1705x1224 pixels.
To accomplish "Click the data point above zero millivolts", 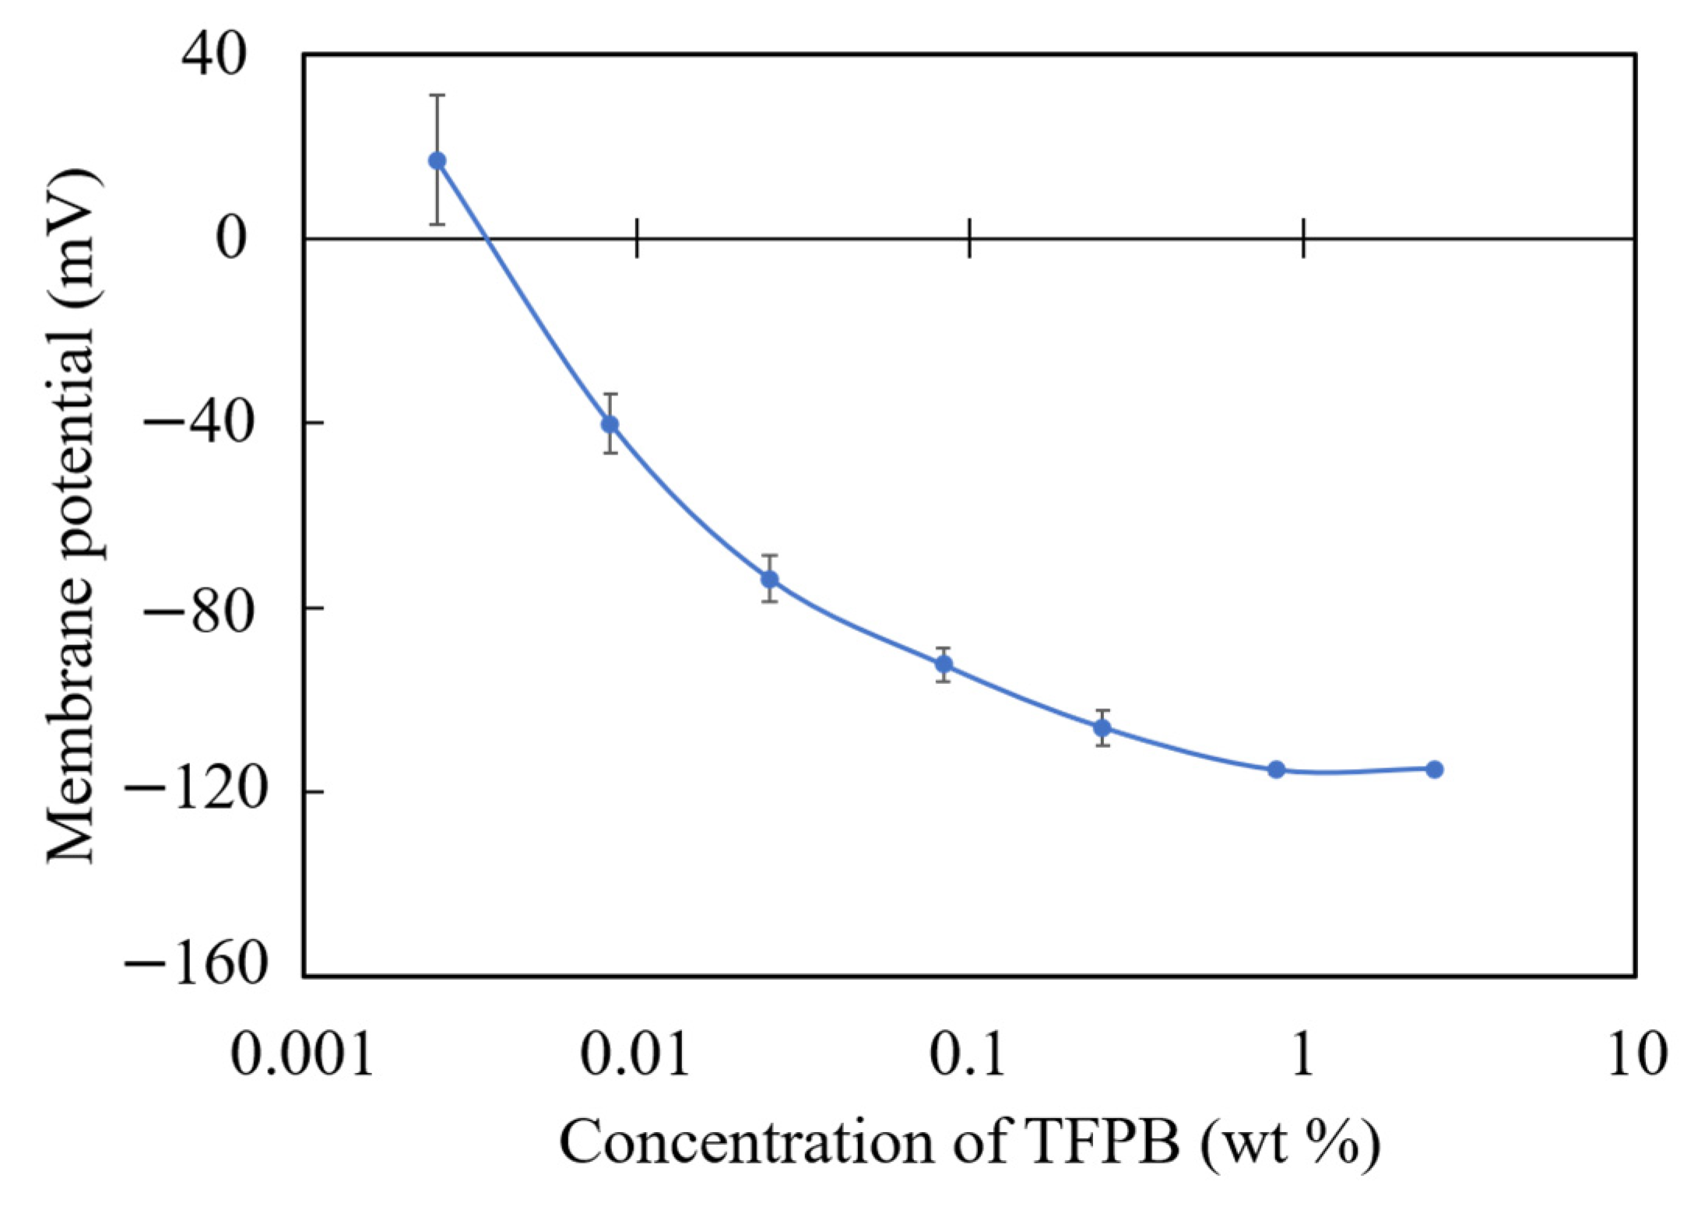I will point(438,160).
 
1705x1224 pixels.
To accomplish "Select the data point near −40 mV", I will point(610,424).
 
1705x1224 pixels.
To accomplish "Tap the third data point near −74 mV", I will point(770,579).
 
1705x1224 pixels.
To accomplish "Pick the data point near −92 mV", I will point(944,664).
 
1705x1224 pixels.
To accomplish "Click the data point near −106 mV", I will point(1102,728).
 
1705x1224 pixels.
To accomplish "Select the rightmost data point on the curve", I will point(1435,770).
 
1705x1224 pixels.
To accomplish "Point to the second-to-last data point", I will point(1276,770).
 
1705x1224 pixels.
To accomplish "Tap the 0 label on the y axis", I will point(231,238).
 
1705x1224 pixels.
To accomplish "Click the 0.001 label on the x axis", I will point(302,1055).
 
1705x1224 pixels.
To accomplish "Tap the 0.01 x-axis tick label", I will point(635,1055).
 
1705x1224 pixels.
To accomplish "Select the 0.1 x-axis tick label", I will point(969,1055).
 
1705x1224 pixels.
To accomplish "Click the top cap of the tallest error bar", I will point(438,95).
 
